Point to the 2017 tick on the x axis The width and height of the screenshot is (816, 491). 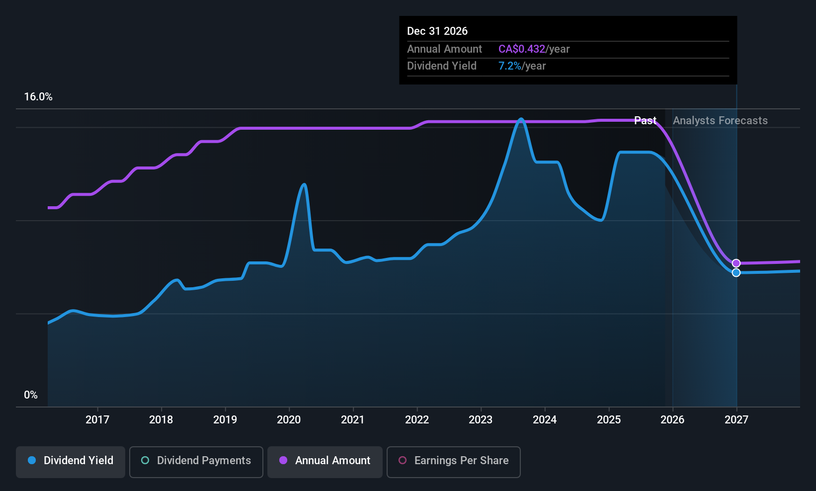97,419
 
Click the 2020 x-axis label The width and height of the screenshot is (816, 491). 289,419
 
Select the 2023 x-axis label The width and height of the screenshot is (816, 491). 481,419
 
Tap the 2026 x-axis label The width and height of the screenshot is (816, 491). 672,419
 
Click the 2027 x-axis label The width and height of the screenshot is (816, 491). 736,419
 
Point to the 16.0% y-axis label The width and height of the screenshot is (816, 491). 38,97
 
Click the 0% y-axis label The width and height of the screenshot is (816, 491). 31,395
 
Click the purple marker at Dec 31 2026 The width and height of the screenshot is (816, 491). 736,263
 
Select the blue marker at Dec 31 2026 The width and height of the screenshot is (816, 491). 736,273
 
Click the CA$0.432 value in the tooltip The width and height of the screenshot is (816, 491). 522,49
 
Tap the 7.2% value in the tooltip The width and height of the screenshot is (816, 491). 510,66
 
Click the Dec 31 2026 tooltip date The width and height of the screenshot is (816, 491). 437,31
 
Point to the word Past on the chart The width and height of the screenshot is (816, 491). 645,121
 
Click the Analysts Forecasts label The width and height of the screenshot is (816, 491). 720,121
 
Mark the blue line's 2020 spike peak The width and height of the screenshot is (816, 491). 304,184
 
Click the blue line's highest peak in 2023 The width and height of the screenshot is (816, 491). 521,119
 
